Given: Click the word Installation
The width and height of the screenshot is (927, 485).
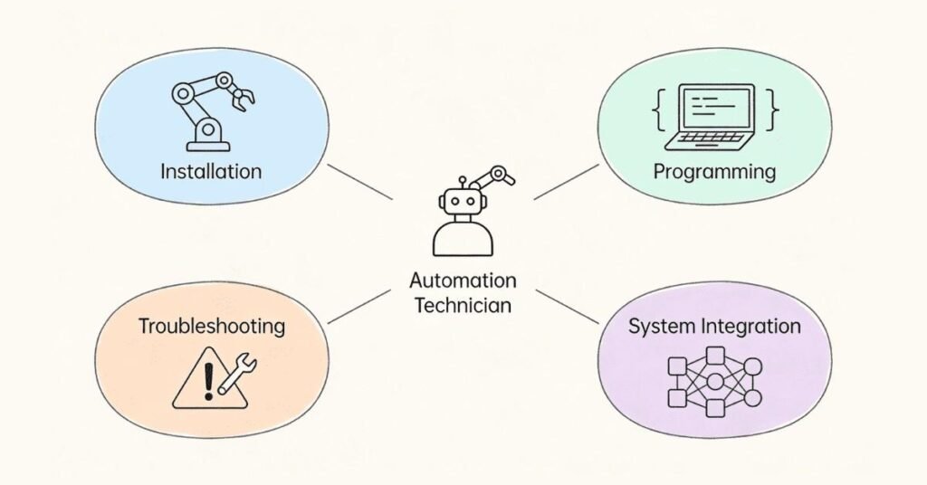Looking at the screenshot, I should (x=210, y=171).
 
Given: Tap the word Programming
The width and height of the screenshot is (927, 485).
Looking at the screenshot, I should (x=715, y=171).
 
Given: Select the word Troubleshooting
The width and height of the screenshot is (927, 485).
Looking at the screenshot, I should (x=211, y=326).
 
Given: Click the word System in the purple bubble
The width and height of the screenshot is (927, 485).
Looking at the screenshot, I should (x=659, y=326).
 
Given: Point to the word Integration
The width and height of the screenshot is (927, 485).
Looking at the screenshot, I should (x=747, y=326).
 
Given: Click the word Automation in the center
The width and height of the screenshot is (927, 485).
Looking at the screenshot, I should (x=463, y=281).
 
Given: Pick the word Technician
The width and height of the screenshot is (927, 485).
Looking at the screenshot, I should (x=463, y=305).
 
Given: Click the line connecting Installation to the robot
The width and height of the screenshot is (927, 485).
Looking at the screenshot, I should (x=359, y=182).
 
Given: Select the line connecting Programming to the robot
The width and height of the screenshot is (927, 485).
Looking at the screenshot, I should (x=566, y=182).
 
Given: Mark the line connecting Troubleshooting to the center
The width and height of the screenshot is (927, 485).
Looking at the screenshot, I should (x=359, y=306).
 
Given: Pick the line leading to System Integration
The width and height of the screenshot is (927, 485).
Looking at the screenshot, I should (x=566, y=306).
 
